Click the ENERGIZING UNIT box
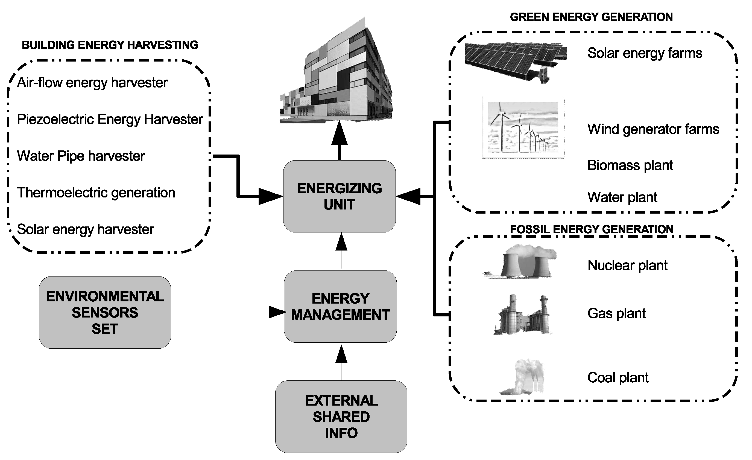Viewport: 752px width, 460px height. point(340,196)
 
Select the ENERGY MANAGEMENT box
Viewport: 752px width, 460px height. point(340,307)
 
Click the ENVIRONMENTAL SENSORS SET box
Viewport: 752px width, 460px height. point(105,313)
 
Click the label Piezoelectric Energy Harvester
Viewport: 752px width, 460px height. point(110,119)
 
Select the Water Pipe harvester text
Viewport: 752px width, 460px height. point(81,156)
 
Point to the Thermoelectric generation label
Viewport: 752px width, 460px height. point(96,193)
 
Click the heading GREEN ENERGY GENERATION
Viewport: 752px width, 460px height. point(591,17)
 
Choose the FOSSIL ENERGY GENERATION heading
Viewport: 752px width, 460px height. point(592,229)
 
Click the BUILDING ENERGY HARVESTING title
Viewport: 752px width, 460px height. point(110,45)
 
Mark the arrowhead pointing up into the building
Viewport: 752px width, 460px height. point(340,133)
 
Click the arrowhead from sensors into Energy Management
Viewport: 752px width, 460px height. point(277,312)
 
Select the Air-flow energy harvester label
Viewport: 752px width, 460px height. point(92,83)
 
